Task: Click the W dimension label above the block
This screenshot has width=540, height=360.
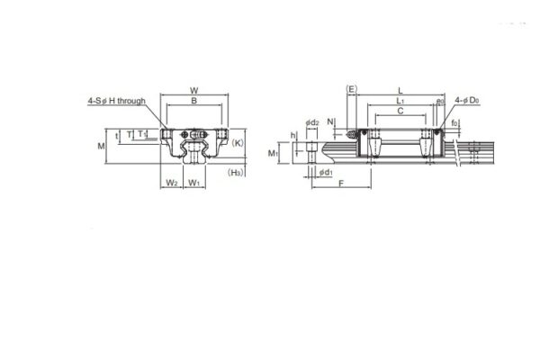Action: pyautogui.click(x=194, y=90)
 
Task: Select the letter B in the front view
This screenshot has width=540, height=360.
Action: pyautogui.click(x=194, y=103)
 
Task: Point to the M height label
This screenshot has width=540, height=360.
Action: pyautogui.click(x=102, y=144)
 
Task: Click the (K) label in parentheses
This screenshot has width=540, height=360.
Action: pyautogui.click(x=238, y=143)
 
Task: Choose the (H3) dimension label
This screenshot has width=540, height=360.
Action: pyautogui.click(x=237, y=171)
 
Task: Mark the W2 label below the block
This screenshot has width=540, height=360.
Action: pyautogui.click(x=171, y=184)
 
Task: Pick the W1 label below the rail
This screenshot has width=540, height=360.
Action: pyautogui.click(x=194, y=184)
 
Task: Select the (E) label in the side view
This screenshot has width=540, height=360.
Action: pyautogui.click(x=352, y=90)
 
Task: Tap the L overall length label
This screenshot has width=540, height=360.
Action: pyautogui.click(x=399, y=90)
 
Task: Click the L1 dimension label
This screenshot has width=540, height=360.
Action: pyautogui.click(x=399, y=103)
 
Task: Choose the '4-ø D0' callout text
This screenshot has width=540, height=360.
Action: pyautogui.click(x=467, y=101)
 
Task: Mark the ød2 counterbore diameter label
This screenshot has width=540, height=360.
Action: pyautogui.click(x=311, y=121)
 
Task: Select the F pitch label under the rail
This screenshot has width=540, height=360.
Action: pyautogui.click(x=341, y=184)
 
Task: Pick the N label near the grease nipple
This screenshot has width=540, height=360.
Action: pyautogui.click(x=331, y=120)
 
